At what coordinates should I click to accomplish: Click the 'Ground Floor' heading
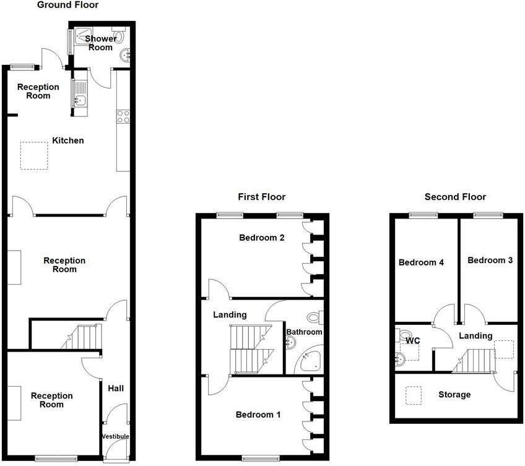[x=67, y=6]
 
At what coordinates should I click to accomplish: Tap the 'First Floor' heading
[x=261, y=197]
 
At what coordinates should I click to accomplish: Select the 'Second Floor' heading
[x=455, y=197]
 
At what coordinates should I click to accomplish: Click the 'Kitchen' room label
[x=67, y=140]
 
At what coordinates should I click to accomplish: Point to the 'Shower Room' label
[x=100, y=43]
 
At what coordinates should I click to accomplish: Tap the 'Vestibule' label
[x=115, y=436]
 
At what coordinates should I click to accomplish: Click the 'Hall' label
[x=116, y=388]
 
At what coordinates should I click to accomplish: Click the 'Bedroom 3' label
[x=490, y=260]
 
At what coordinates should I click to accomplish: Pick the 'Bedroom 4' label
[x=421, y=262]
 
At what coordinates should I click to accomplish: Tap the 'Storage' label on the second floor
[x=454, y=394]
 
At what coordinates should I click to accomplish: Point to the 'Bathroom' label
[x=304, y=332]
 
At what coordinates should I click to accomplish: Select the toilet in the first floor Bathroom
[x=314, y=317]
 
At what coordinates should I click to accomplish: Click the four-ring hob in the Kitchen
[x=123, y=116]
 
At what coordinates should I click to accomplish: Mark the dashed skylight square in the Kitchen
[x=34, y=155]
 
